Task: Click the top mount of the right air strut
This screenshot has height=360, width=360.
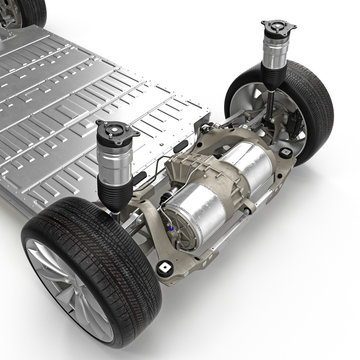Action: pyautogui.click(x=279, y=26)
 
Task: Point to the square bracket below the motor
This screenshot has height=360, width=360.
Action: pyautogui.click(x=163, y=268)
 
